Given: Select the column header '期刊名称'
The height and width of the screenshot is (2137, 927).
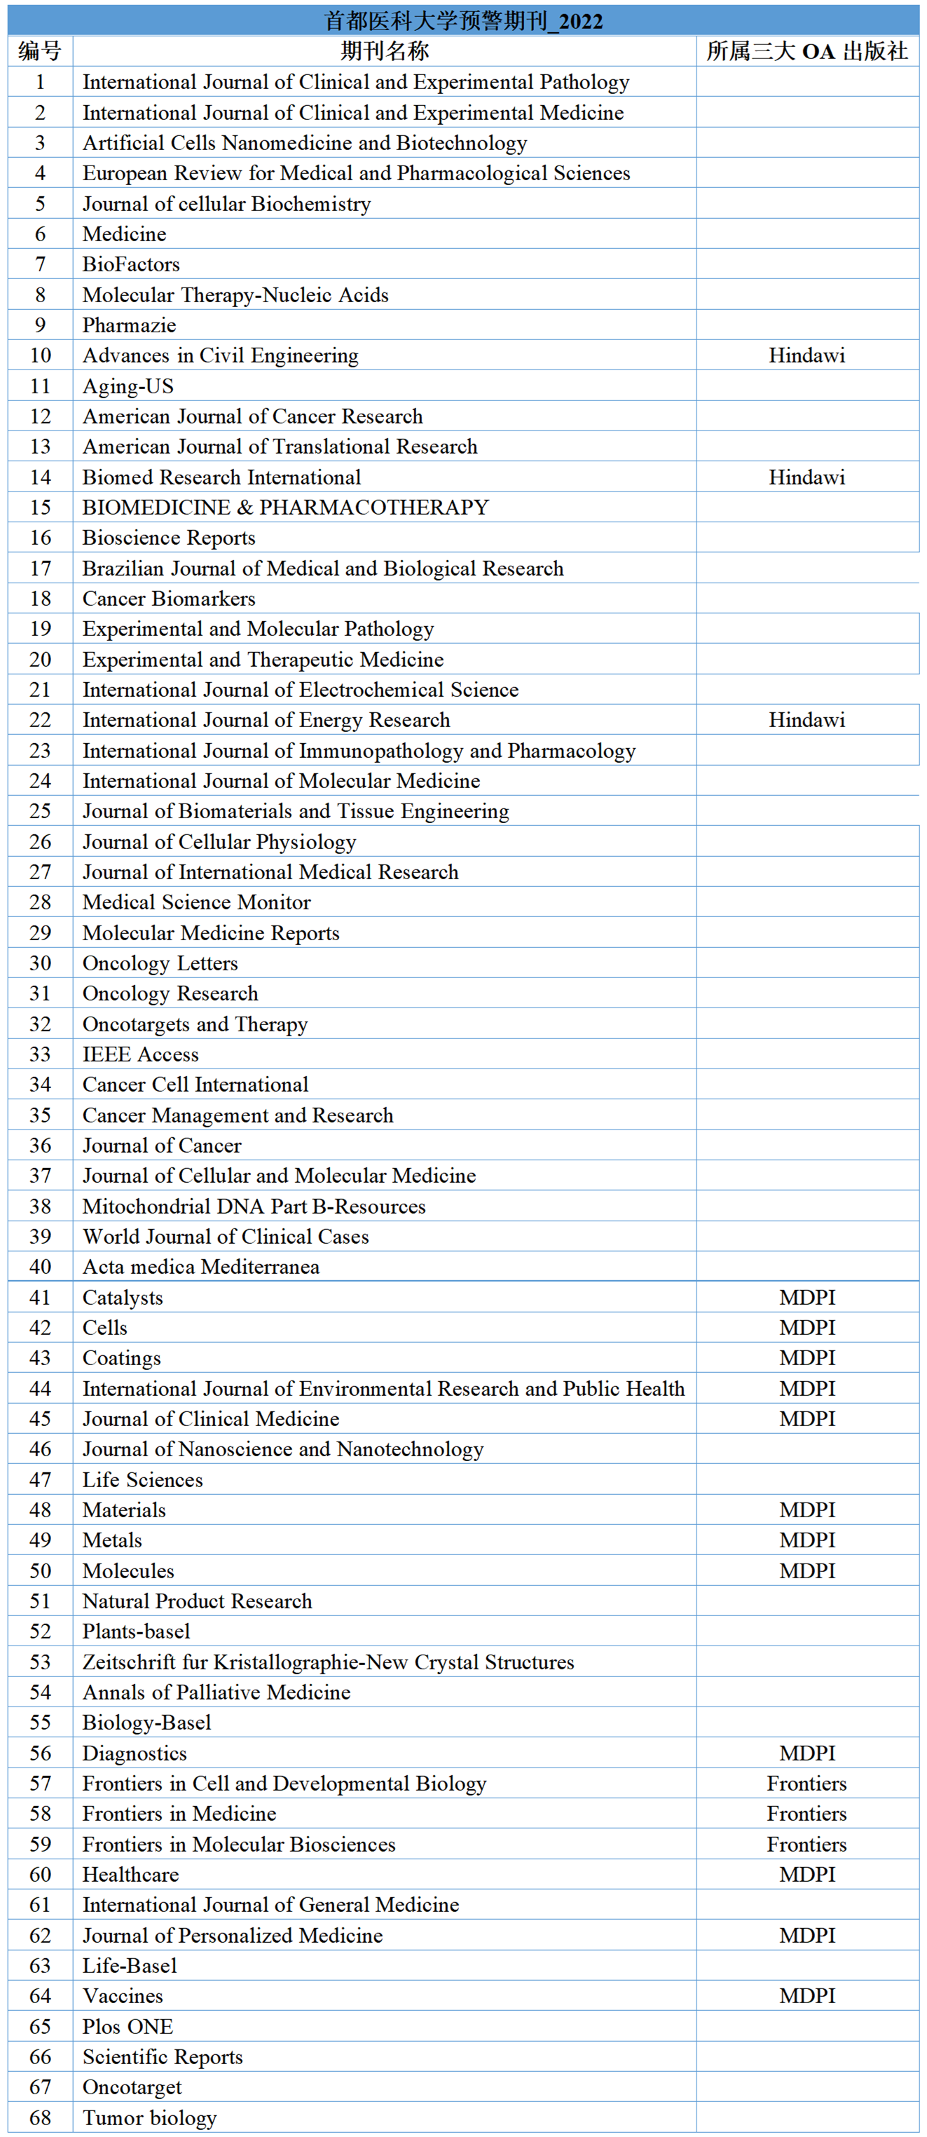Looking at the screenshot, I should pyautogui.click(x=385, y=51).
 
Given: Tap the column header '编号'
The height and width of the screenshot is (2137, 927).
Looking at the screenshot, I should pyautogui.click(x=40, y=51).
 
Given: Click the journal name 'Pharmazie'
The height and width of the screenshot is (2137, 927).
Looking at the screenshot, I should pyautogui.click(x=130, y=325).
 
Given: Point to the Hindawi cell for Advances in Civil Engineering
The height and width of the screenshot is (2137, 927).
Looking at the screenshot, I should pyautogui.click(x=806, y=356).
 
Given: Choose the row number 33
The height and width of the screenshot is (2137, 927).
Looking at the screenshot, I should pyautogui.click(x=40, y=1054).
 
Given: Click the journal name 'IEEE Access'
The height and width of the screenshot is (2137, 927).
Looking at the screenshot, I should pyautogui.click(x=141, y=1054).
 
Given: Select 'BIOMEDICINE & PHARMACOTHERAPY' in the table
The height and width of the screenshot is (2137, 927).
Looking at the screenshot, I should pyautogui.click(x=285, y=508).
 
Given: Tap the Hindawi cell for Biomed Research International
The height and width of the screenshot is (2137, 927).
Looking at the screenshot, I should pyautogui.click(x=806, y=477).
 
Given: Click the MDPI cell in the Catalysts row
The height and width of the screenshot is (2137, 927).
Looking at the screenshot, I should pyautogui.click(x=806, y=1298).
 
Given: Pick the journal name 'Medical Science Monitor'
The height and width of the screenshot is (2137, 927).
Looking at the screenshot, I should pyautogui.click(x=196, y=902).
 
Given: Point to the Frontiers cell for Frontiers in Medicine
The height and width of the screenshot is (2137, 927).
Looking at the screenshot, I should pyautogui.click(x=806, y=1814).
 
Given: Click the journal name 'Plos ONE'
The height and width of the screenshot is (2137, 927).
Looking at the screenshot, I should pyautogui.click(x=128, y=2027).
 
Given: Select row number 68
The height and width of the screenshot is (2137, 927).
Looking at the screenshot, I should pyautogui.click(x=40, y=2118).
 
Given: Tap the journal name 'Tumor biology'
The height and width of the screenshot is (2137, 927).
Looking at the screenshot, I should pyautogui.click(x=149, y=2118).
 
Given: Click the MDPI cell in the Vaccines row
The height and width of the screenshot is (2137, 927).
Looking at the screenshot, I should pyautogui.click(x=806, y=1996).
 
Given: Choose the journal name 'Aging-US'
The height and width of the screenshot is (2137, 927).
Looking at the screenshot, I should pyautogui.click(x=128, y=386).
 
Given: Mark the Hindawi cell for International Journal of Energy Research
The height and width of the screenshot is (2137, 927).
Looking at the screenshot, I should pyautogui.click(x=806, y=720).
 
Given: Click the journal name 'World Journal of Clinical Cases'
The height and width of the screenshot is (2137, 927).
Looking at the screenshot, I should pyautogui.click(x=226, y=1237).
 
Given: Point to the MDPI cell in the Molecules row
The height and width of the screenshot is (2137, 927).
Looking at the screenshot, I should pyautogui.click(x=806, y=1571).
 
